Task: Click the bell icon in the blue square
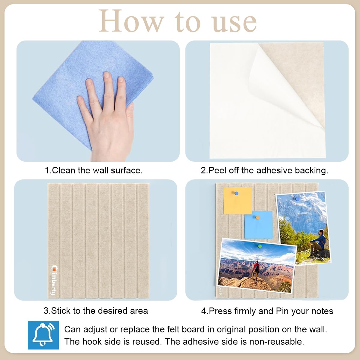click(43, 335)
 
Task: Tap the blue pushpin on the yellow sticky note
click(236, 193)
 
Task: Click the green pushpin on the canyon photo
click(260, 246)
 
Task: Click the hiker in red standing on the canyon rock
click(256, 270)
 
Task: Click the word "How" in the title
click(131, 22)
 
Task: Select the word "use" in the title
click(234, 22)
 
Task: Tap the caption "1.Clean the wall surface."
click(94, 170)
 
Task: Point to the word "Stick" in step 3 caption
click(61, 311)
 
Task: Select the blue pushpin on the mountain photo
click(297, 199)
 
